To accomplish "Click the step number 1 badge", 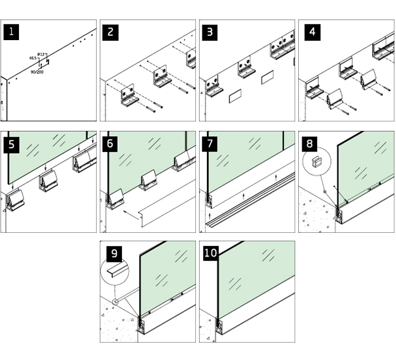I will click(x=12, y=32).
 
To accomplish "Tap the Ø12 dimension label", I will click(x=42, y=54).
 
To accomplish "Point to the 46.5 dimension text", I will click(x=33, y=58).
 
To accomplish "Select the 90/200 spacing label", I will click(x=37, y=71).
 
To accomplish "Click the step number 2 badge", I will click(x=110, y=32).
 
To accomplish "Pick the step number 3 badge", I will click(x=210, y=32).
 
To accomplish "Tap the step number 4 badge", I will click(x=312, y=32).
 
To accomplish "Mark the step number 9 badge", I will click(x=115, y=254).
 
